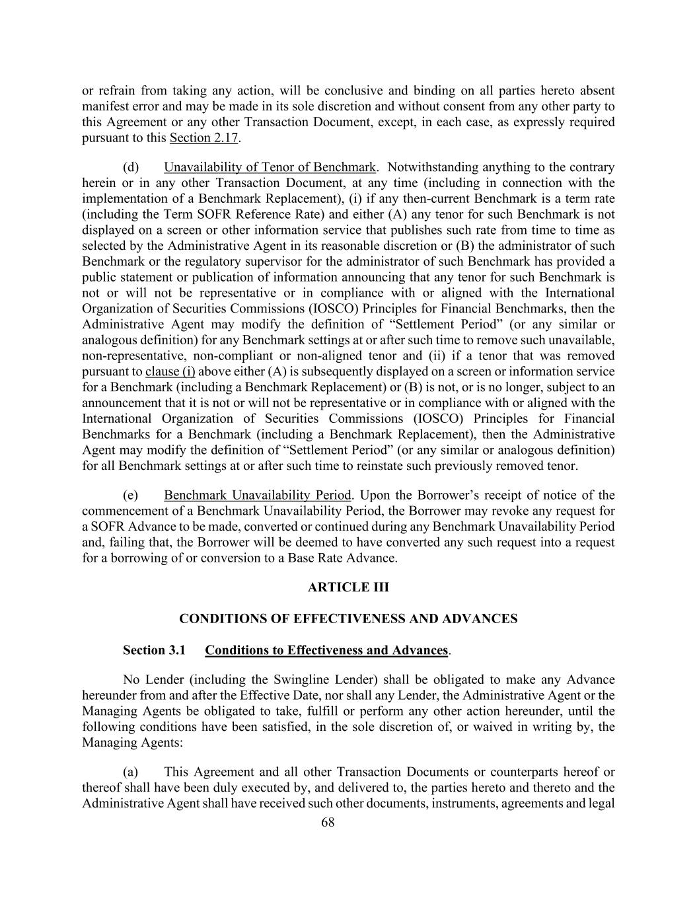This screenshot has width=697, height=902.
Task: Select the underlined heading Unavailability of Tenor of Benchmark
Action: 270,167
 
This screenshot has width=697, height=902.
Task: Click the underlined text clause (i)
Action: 170,371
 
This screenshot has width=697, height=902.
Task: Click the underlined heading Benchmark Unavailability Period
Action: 258,495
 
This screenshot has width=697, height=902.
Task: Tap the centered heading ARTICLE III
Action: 348,587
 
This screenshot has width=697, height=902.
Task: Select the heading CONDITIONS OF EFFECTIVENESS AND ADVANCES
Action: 348,619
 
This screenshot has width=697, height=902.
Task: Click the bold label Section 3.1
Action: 153,650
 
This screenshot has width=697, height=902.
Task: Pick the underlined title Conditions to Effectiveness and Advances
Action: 326,650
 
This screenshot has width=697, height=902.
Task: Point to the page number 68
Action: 328,823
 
